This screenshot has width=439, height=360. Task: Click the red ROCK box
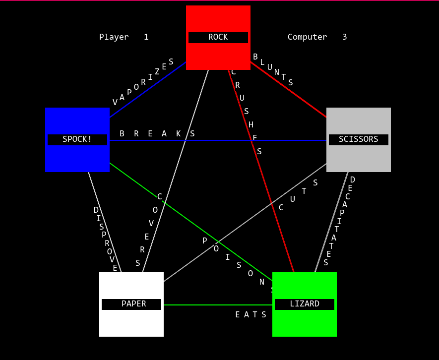[x=218, y=20]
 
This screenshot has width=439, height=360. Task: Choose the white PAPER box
[x=131, y=320]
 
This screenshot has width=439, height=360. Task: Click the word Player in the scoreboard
[x=114, y=37]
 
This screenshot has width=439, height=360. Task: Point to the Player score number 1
[x=146, y=37]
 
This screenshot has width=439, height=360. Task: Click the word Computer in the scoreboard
[x=307, y=37]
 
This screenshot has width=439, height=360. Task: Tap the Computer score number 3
[x=345, y=37]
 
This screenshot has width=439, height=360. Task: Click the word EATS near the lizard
[x=251, y=315]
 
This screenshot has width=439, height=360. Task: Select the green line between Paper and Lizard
[x=218, y=305]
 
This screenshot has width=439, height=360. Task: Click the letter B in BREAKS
[x=122, y=134]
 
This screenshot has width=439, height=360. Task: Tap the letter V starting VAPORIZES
[x=115, y=103]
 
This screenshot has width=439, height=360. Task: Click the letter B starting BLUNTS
[x=255, y=57]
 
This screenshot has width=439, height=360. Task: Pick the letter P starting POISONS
[x=205, y=241]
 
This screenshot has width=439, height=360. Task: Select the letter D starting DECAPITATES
[x=353, y=180]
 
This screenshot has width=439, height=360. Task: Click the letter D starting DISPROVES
[x=96, y=210]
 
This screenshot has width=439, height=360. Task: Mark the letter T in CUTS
[x=304, y=191]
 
